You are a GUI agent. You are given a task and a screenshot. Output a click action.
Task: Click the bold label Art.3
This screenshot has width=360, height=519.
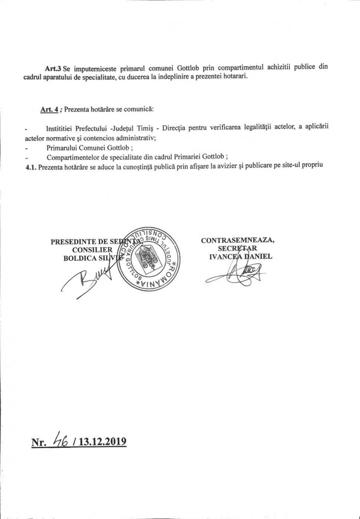pos(53,69)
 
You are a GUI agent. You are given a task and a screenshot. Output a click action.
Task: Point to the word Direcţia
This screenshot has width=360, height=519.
pos(174,128)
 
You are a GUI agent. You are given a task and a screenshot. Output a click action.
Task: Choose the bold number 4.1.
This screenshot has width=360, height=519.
pos(31,167)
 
